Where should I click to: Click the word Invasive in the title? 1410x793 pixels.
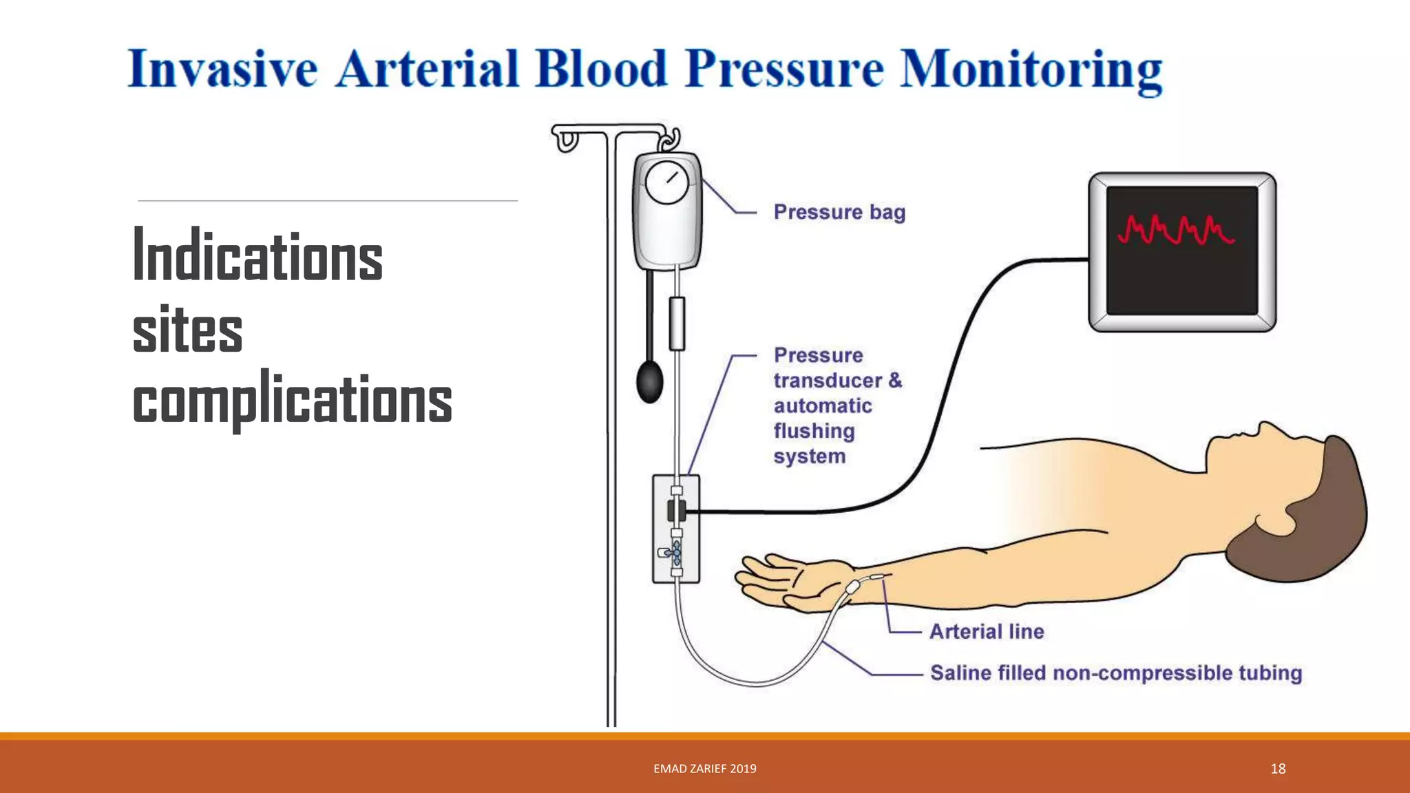point(222,70)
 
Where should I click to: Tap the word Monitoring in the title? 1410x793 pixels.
point(1031,70)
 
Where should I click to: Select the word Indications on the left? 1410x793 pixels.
point(257,256)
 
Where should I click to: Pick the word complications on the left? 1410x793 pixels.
point(292,401)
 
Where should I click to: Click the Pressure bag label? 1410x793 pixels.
point(839,212)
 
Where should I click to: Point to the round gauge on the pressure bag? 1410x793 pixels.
point(666,182)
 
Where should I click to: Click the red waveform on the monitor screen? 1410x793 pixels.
point(1175,231)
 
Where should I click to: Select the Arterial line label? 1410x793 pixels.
point(987,631)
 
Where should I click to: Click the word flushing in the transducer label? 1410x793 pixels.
point(814,431)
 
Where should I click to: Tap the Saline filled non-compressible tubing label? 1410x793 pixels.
point(1115,673)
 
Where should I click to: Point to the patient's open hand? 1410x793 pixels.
point(785,582)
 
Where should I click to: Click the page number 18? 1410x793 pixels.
point(1278,769)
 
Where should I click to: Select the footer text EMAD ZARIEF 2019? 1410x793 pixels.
point(704,769)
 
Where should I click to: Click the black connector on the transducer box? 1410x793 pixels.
point(676,511)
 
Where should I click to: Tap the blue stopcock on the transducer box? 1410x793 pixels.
point(676,552)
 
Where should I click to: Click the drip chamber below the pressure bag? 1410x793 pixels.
point(677,324)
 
